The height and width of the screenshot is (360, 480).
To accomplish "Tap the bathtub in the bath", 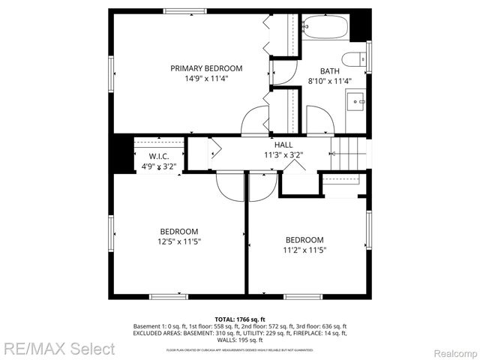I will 324,29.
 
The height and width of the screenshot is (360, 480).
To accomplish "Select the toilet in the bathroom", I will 353,59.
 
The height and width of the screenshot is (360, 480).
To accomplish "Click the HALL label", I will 283,145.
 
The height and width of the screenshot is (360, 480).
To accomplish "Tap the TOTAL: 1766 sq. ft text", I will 240,319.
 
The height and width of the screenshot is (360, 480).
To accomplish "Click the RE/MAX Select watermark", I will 58,349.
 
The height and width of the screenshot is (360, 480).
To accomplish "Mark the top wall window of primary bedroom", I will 184,10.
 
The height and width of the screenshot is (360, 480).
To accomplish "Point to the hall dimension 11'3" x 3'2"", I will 283,155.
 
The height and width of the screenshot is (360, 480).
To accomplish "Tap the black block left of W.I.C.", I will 120,154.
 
